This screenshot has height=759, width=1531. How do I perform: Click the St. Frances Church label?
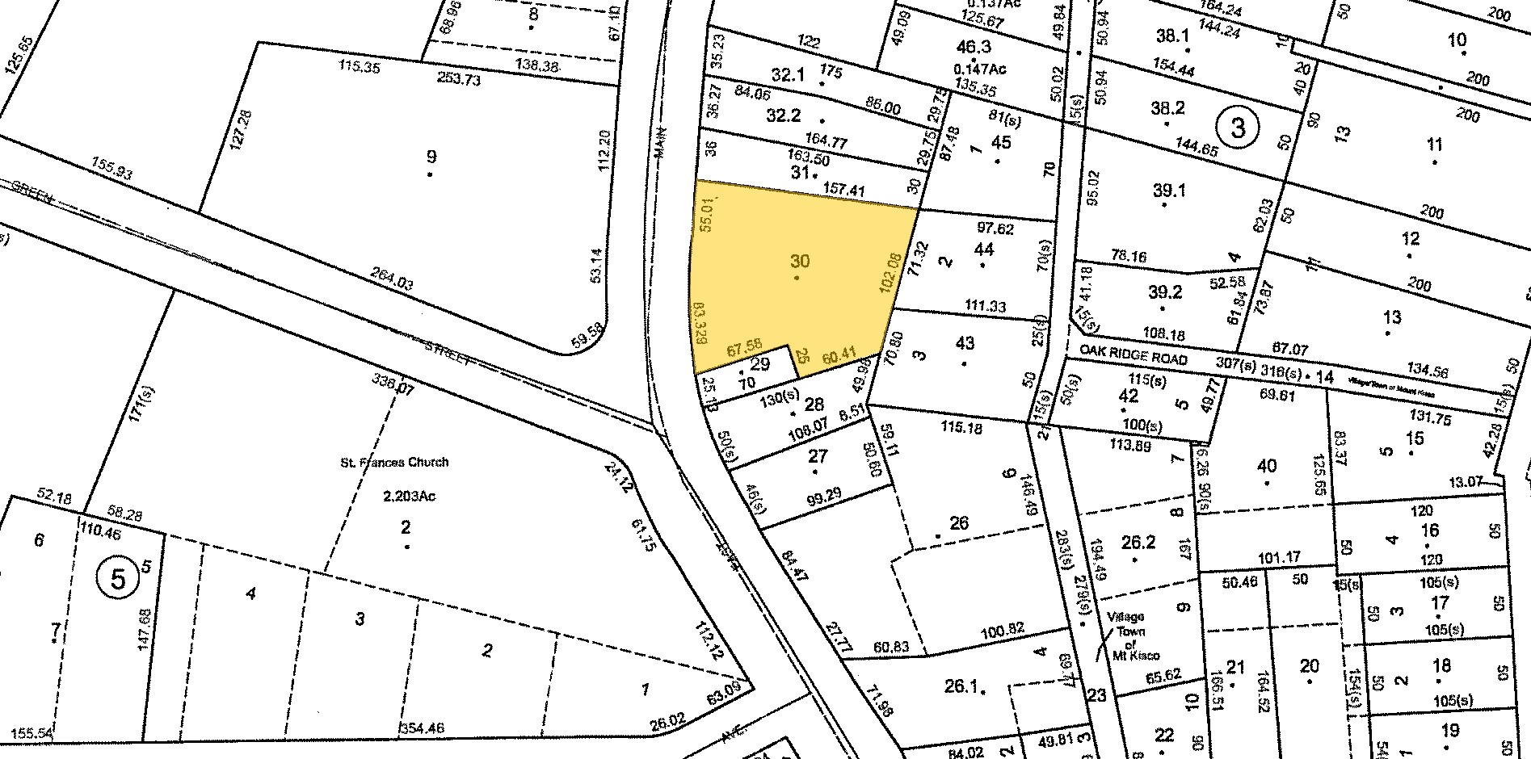[x=394, y=463]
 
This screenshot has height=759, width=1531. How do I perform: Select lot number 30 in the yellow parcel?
[x=799, y=261]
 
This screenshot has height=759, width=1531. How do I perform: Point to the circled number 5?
[x=118, y=579]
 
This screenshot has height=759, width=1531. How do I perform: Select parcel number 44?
[x=983, y=249]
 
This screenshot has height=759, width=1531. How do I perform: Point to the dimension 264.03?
[x=391, y=283]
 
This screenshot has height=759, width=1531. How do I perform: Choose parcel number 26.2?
[x=1138, y=542]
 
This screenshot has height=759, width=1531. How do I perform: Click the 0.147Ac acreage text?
[x=972, y=69]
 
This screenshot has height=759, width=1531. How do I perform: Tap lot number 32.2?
[x=783, y=115]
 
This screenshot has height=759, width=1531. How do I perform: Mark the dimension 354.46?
[x=423, y=729]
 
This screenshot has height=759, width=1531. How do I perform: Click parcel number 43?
[x=965, y=342]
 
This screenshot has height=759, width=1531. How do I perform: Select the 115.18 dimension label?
[x=961, y=428]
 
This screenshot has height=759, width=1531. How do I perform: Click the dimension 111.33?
[x=986, y=306]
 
